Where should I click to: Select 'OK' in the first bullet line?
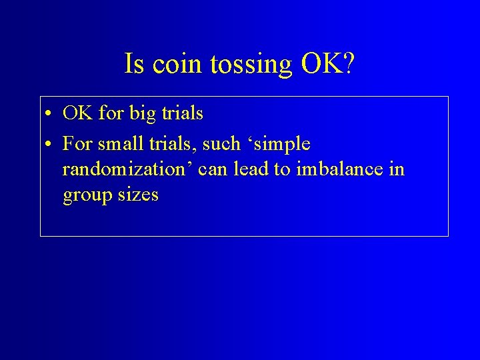77,114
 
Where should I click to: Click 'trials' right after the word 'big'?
182,114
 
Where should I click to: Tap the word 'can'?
213,170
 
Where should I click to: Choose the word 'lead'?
250,170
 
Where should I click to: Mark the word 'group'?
86,196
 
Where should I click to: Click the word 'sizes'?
137,195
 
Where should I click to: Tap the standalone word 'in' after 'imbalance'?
396,170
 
